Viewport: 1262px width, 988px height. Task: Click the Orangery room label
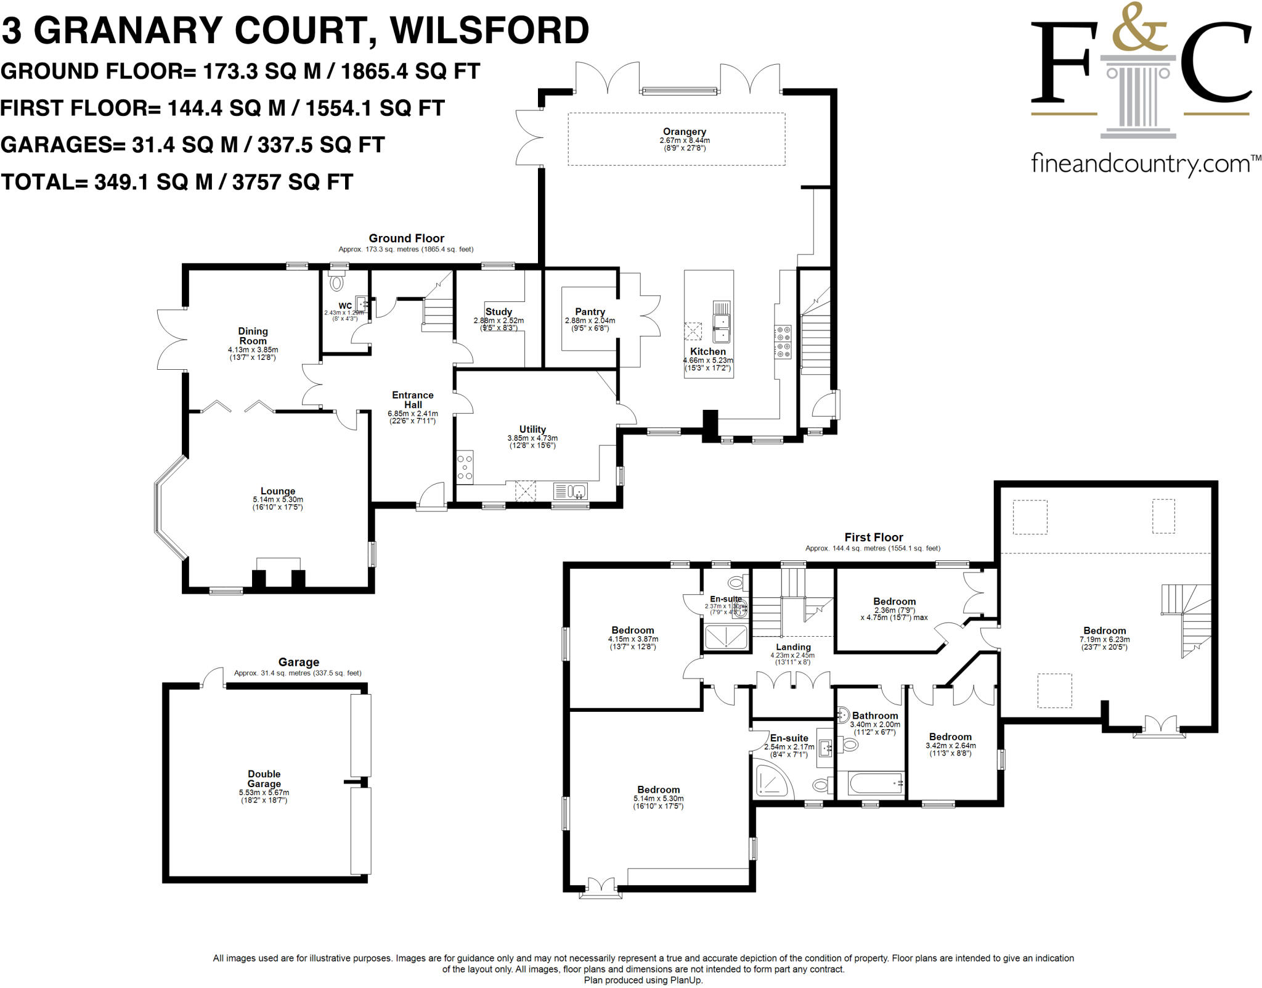click(684, 131)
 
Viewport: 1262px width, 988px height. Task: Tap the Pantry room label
click(590, 312)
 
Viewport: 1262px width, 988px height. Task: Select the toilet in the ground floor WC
click(336, 283)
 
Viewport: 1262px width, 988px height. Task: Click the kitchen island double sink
click(721, 327)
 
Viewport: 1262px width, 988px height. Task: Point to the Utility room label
click(532, 429)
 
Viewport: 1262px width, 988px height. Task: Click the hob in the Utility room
click(465, 467)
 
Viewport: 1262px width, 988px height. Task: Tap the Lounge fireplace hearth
click(279, 564)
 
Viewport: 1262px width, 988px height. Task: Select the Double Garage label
click(264, 778)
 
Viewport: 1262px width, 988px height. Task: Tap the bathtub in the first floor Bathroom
click(875, 784)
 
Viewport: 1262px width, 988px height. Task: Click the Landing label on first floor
click(793, 647)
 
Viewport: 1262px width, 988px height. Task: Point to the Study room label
click(499, 312)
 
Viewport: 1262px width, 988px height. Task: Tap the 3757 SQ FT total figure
click(292, 182)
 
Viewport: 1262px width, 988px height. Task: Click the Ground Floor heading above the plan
click(406, 238)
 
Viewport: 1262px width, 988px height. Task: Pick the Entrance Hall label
click(413, 399)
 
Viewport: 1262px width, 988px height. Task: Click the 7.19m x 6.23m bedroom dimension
click(1104, 639)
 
